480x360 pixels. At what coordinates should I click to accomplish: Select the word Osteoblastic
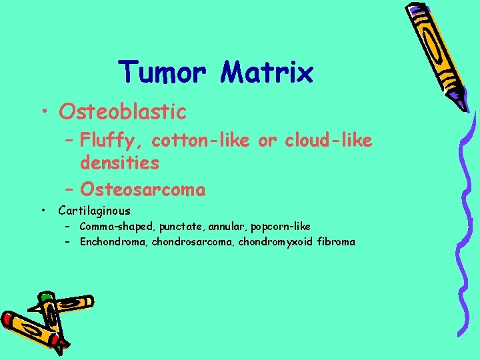tap(123, 111)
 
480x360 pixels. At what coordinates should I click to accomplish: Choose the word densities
tap(119, 162)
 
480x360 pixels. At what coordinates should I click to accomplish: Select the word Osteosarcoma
tap(142, 190)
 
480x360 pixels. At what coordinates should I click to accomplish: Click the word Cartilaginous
tap(94, 211)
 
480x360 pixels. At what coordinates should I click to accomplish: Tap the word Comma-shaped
tap(116, 227)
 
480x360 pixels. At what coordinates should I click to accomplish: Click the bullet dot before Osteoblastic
tap(45, 112)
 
